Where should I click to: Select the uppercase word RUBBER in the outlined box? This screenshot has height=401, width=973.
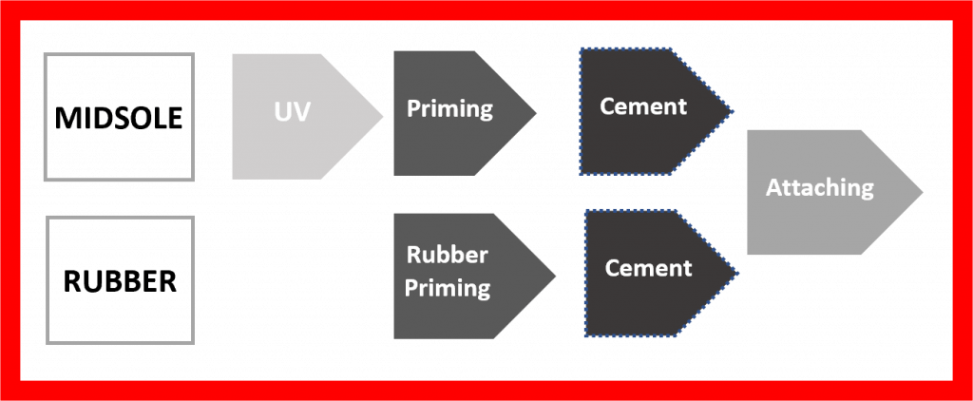[x=119, y=282]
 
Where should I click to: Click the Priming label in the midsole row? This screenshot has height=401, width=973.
[x=449, y=108]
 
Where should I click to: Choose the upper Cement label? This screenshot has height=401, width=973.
[x=643, y=105]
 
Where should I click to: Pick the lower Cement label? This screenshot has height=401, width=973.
[x=649, y=268]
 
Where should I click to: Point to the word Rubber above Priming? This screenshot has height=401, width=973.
[x=447, y=255]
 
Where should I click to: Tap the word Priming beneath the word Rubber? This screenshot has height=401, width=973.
[x=448, y=286]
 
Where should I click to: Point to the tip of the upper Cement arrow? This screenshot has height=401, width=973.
[x=733, y=111]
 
